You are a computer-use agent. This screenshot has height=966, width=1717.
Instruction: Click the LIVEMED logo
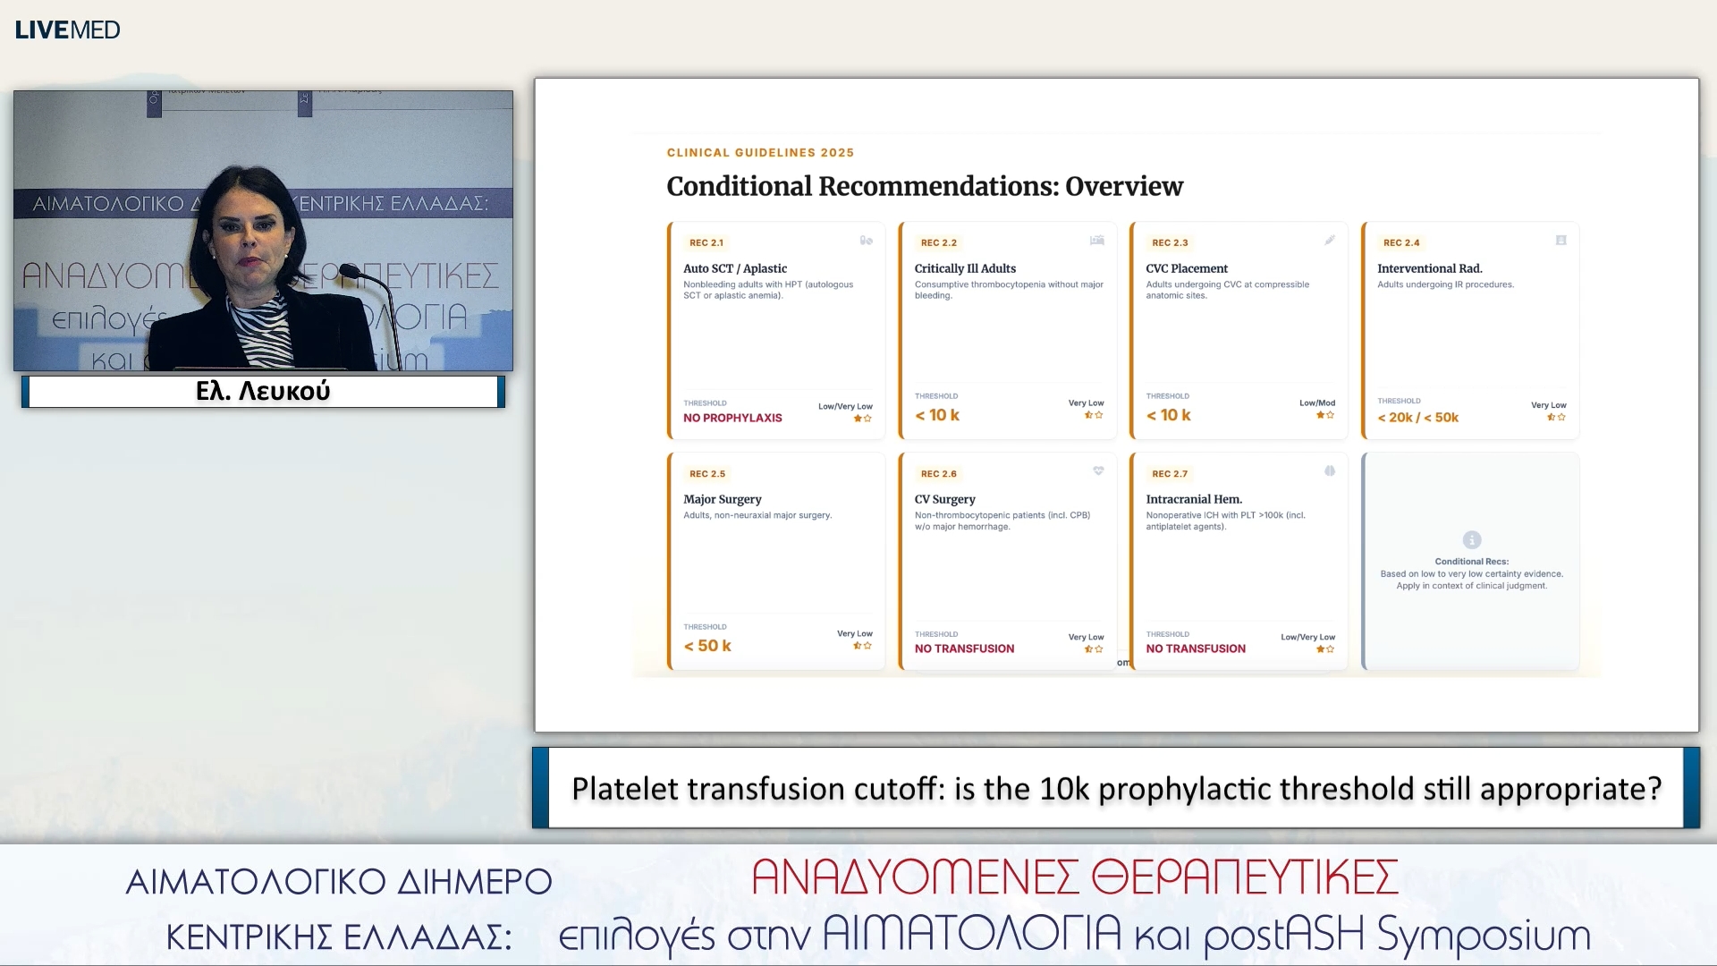click(67, 30)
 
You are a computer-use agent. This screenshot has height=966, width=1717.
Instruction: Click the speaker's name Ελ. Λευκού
click(263, 391)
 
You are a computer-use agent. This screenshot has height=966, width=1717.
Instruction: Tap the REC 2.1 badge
click(706, 242)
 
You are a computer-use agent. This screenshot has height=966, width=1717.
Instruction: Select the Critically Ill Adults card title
click(965, 268)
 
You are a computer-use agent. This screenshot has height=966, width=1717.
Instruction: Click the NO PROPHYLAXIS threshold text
click(732, 418)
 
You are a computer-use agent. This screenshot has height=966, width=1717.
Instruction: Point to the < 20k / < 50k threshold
click(1417, 418)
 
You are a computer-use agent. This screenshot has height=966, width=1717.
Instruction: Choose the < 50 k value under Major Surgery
click(707, 646)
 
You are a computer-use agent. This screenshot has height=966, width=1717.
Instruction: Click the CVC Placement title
click(1187, 268)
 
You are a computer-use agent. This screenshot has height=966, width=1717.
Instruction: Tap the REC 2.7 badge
click(1169, 474)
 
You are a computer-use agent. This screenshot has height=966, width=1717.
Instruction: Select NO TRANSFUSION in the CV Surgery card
click(964, 648)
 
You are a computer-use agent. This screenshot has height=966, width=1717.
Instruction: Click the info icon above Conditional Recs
click(1471, 539)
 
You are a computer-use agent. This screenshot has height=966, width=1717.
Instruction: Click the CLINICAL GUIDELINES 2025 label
click(760, 153)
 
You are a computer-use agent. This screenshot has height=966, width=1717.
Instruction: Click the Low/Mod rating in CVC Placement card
click(1316, 402)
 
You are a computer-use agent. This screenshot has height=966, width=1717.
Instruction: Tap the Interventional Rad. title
click(1429, 268)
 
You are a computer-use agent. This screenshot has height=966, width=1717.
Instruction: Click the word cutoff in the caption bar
click(898, 789)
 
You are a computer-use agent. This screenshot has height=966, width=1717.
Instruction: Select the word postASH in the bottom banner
click(1284, 936)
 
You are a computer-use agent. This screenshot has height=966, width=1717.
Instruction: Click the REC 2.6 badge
click(938, 474)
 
